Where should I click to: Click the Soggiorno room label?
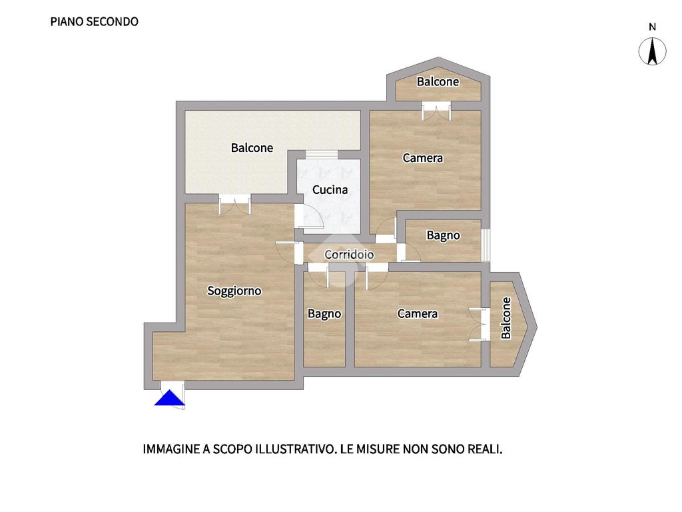click(x=234, y=291)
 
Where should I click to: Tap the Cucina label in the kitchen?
click(x=330, y=190)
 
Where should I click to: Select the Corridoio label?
click(x=349, y=254)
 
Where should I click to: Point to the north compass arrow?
click(x=652, y=51)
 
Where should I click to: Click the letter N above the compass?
click(x=652, y=27)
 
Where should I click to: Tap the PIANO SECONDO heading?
click(x=95, y=22)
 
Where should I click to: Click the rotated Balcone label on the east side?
click(x=506, y=318)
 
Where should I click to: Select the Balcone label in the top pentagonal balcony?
click(x=438, y=81)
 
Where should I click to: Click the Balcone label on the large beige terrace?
click(x=252, y=148)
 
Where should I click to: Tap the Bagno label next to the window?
click(x=443, y=235)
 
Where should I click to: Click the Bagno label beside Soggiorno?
click(x=324, y=314)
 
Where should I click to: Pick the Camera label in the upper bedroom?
click(x=422, y=157)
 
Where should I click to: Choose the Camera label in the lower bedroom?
click(x=418, y=313)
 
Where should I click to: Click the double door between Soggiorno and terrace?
click(x=234, y=204)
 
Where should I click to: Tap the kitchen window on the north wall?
click(x=322, y=155)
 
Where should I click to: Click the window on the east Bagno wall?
click(x=486, y=245)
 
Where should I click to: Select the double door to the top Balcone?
click(x=436, y=111)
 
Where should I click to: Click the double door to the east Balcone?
click(x=480, y=325)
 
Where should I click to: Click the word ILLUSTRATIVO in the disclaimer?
click(x=296, y=449)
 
